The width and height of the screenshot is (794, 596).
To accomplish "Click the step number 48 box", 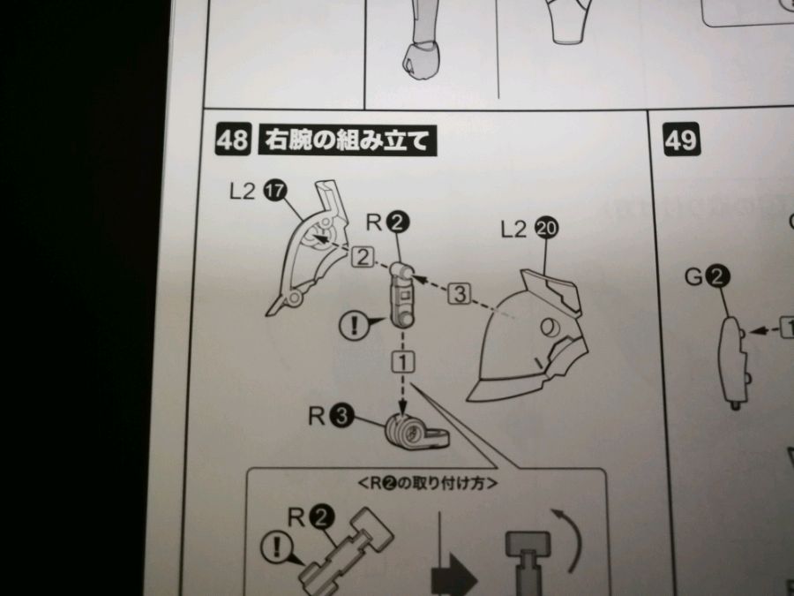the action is tap(233, 139).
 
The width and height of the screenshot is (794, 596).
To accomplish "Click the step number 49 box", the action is tap(682, 139).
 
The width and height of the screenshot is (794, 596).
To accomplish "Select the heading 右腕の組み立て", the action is tap(347, 140).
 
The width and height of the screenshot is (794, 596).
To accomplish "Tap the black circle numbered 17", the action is tap(275, 191).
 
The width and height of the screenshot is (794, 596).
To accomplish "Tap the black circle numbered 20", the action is tap(546, 229).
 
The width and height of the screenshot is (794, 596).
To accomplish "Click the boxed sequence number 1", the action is tap(403, 362).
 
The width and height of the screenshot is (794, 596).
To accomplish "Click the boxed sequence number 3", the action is tap(460, 294).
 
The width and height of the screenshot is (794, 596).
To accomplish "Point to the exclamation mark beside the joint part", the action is tap(354, 325).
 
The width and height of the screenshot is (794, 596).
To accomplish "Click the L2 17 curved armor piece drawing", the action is tap(307, 248).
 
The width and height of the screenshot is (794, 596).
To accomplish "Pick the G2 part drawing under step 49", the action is tap(734, 362).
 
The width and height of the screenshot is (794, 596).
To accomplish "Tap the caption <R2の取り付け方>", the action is tap(428, 484).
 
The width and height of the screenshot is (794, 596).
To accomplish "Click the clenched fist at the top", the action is tap(422, 60).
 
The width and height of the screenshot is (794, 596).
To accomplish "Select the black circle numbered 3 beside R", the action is tap(341, 416).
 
